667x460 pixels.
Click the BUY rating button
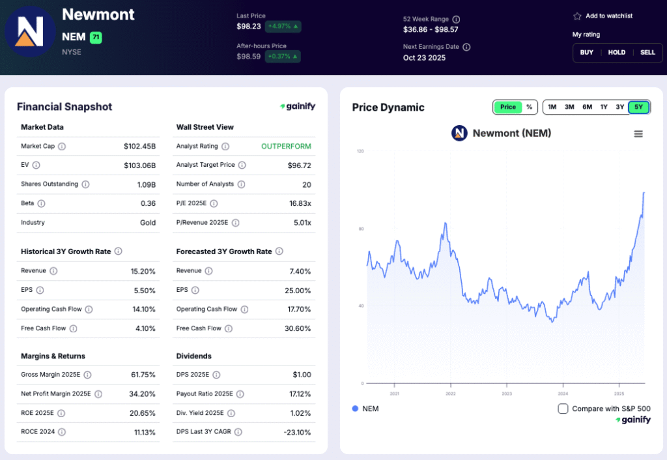[x=587, y=52]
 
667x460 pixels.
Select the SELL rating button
[x=647, y=52]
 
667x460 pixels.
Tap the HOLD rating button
[x=617, y=52]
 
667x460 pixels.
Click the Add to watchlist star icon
[x=577, y=16]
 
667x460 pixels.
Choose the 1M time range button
[x=552, y=107]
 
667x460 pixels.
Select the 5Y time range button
[x=638, y=107]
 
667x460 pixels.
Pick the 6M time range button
[x=587, y=107]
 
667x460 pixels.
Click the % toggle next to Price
[x=529, y=107]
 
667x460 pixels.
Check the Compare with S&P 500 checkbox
[x=563, y=409]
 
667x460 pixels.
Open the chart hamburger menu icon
[x=638, y=134]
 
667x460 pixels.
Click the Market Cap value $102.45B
[x=140, y=147]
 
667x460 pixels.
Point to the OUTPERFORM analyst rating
[x=286, y=147]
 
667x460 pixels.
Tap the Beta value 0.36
[x=149, y=203]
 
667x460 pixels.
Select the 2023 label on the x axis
[x=507, y=394]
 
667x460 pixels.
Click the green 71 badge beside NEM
[x=96, y=37]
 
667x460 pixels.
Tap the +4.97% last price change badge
[x=283, y=27]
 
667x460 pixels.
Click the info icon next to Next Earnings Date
[x=466, y=47]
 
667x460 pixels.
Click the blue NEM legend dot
[x=355, y=409]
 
